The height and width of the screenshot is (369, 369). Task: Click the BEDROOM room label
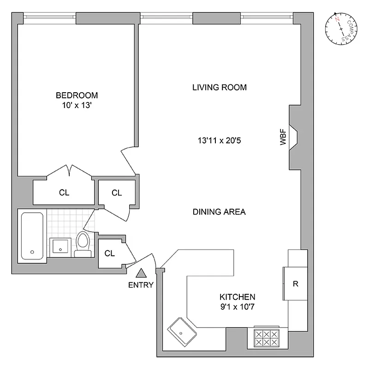click(77, 95)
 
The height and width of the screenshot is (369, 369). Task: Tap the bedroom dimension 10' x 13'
click(77, 105)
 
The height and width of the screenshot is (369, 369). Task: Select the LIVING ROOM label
click(220, 87)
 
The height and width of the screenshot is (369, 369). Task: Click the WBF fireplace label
click(283, 139)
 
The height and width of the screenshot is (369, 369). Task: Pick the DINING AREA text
click(219, 212)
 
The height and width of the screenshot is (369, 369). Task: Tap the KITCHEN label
click(238, 297)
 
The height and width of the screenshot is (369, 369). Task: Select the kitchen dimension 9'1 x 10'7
click(238, 306)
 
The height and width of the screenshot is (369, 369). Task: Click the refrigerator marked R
click(295, 284)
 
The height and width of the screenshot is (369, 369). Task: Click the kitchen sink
click(182, 331)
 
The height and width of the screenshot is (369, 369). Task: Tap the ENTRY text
click(141, 285)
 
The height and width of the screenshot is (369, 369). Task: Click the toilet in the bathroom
click(83, 244)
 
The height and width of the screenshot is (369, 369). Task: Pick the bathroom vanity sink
click(60, 247)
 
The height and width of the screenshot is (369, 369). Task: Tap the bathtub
click(32, 236)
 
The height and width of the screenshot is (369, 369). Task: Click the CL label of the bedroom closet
click(64, 193)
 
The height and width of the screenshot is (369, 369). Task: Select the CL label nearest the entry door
click(109, 253)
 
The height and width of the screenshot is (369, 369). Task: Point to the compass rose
click(341, 28)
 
